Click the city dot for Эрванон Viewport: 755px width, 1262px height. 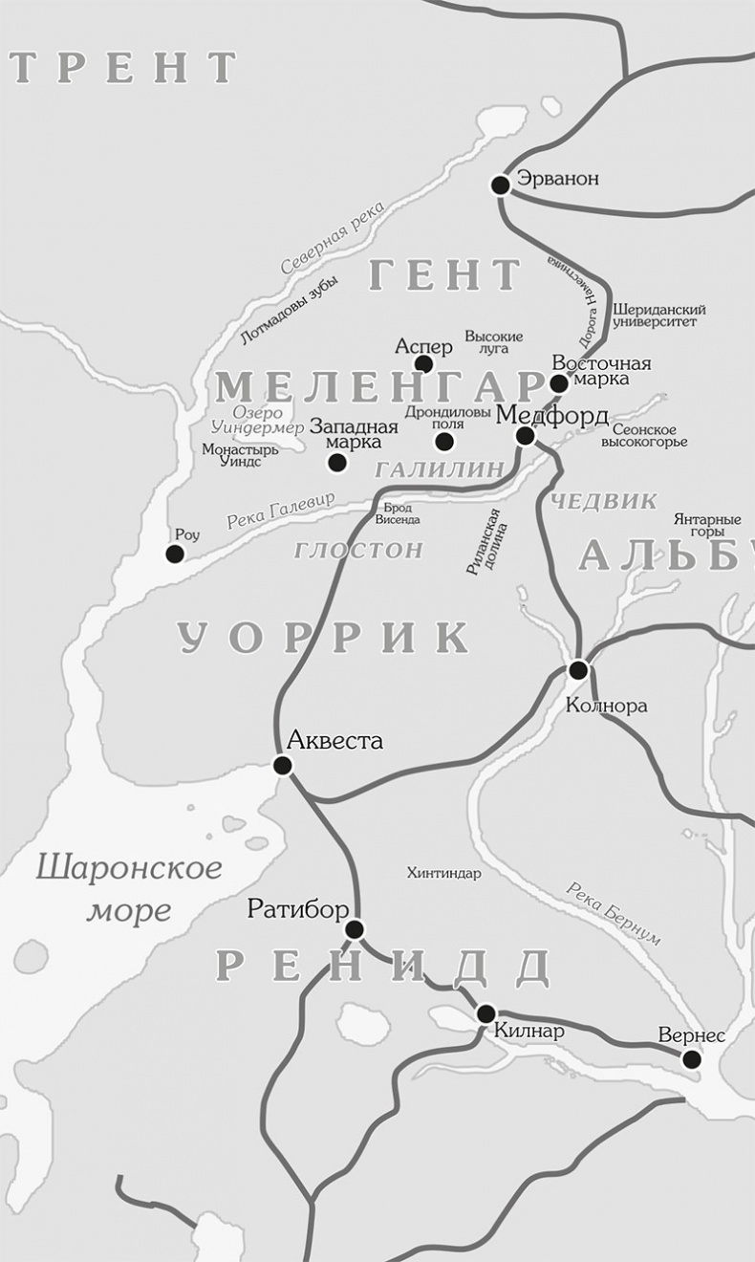(x=500, y=185)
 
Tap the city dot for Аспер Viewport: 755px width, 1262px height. (x=424, y=363)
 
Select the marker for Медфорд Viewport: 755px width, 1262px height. (x=525, y=436)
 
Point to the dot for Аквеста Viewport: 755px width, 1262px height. (x=282, y=765)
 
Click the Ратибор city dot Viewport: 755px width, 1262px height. (x=355, y=928)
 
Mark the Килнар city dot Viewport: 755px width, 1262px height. (x=486, y=1013)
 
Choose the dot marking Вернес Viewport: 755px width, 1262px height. (x=691, y=1058)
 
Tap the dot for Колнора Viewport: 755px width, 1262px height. (x=578, y=669)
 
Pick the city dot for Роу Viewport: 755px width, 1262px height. (x=175, y=554)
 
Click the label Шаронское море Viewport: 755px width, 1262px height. (x=129, y=889)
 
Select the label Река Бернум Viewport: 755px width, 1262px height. (x=613, y=912)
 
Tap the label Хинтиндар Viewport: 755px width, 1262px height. (x=443, y=873)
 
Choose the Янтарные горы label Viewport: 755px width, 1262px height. (x=706, y=524)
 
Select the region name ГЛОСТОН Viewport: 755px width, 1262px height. (x=358, y=550)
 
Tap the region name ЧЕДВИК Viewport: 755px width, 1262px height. (x=605, y=500)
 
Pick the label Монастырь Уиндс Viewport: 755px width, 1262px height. (x=240, y=454)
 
